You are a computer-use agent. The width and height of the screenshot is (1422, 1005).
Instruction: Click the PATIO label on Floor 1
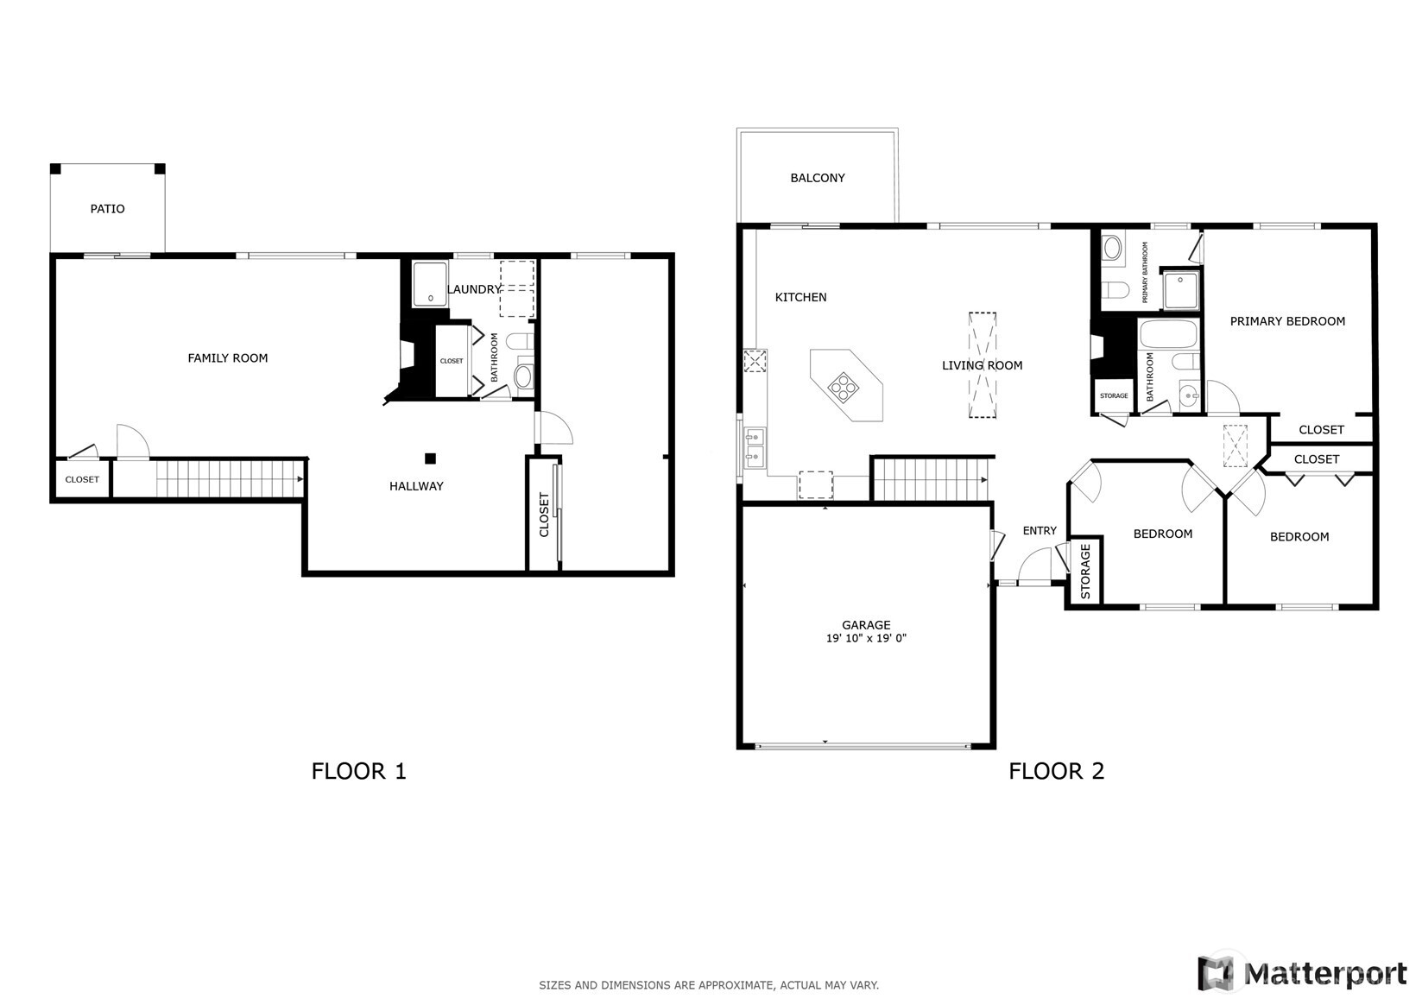coord(107,209)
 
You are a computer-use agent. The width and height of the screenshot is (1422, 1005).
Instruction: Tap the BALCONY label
coord(818,179)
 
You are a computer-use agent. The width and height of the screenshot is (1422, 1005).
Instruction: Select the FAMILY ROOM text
coord(228,358)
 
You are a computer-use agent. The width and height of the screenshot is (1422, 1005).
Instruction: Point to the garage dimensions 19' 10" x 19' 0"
coord(866,639)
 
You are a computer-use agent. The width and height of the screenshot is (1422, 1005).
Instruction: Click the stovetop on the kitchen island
coord(844,387)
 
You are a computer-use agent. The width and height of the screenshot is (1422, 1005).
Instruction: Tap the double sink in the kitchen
coord(755,447)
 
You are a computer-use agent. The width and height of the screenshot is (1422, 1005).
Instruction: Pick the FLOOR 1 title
coord(358,771)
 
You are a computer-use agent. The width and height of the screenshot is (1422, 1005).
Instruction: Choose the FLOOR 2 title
coord(1057,771)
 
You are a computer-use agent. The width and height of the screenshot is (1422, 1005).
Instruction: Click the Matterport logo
coord(1304,973)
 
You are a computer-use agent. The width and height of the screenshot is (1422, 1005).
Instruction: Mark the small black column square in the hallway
coord(431,458)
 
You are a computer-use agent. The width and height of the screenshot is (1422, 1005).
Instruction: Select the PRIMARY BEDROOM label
coord(1287,322)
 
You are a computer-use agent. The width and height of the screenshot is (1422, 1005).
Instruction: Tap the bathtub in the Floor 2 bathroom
coord(1169,334)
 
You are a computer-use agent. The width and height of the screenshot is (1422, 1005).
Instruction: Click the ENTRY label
coord(1040,531)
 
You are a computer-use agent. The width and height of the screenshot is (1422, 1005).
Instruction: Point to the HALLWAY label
coord(416,486)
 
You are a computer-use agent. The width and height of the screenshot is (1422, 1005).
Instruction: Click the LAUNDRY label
coord(474,289)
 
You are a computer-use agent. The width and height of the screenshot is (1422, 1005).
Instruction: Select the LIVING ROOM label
coord(982,366)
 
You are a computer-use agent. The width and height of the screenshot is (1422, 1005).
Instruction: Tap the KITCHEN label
coord(801,297)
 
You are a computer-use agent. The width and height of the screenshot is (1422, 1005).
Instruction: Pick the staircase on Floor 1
coord(230,479)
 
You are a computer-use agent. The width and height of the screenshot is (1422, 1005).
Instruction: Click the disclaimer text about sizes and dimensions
coord(709,985)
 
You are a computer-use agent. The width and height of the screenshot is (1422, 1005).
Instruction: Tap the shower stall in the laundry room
coord(430,284)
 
